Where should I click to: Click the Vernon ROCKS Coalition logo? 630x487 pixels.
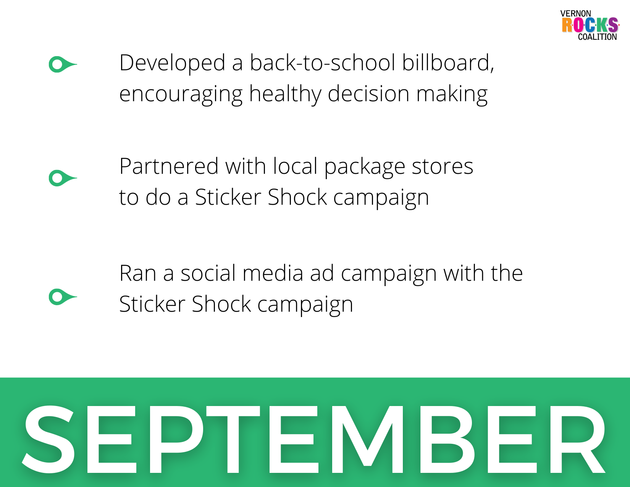pos(590,25)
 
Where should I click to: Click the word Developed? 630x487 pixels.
pos(172,64)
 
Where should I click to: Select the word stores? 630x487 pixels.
pos(443,167)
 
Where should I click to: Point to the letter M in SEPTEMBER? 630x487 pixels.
pos(368,439)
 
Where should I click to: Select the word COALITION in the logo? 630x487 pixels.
pos(597,37)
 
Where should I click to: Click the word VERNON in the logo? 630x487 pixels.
pos(575,14)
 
